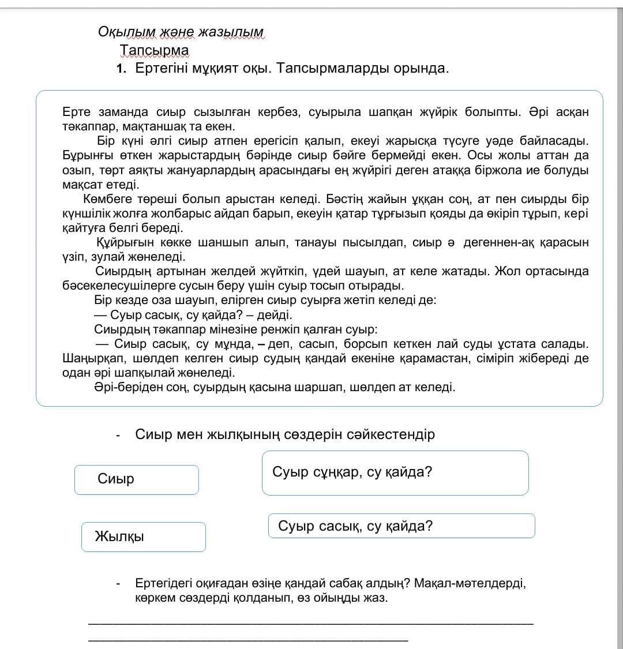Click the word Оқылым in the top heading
point(120,32)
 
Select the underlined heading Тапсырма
point(154,51)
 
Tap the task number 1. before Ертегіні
point(121,69)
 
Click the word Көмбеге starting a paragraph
point(108,200)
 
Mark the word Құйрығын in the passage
point(123,243)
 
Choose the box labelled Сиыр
point(136,479)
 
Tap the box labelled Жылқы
point(143,537)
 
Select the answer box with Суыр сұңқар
point(395,473)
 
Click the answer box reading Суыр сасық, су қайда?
point(401,526)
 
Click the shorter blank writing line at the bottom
point(248,639)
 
